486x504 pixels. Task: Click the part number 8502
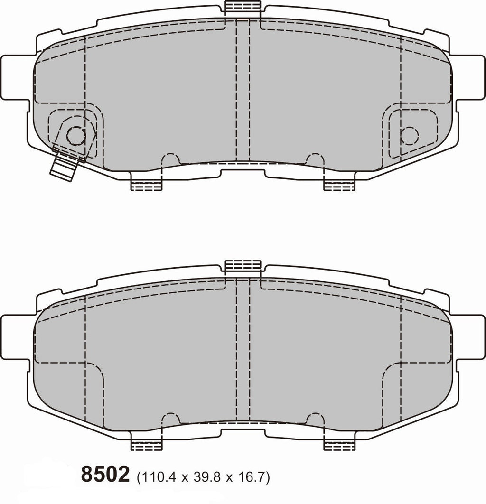[105, 474]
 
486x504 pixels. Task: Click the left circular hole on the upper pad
[75, 136]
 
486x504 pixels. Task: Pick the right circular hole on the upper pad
[409, 136]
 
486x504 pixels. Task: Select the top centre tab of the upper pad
[243, 7]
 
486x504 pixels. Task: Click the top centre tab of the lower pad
[243, 265]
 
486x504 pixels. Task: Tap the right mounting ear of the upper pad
[470, 77]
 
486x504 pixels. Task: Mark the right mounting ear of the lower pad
[470, 337]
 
